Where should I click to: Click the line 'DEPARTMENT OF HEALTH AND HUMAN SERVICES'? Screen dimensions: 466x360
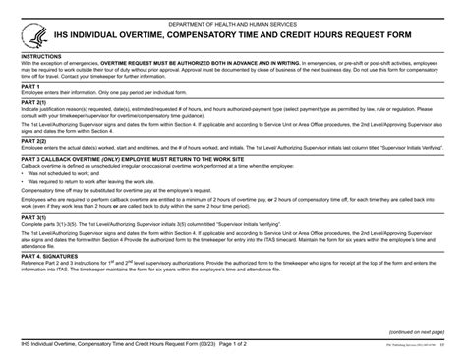pyautogui.click(x=232, y=23)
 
